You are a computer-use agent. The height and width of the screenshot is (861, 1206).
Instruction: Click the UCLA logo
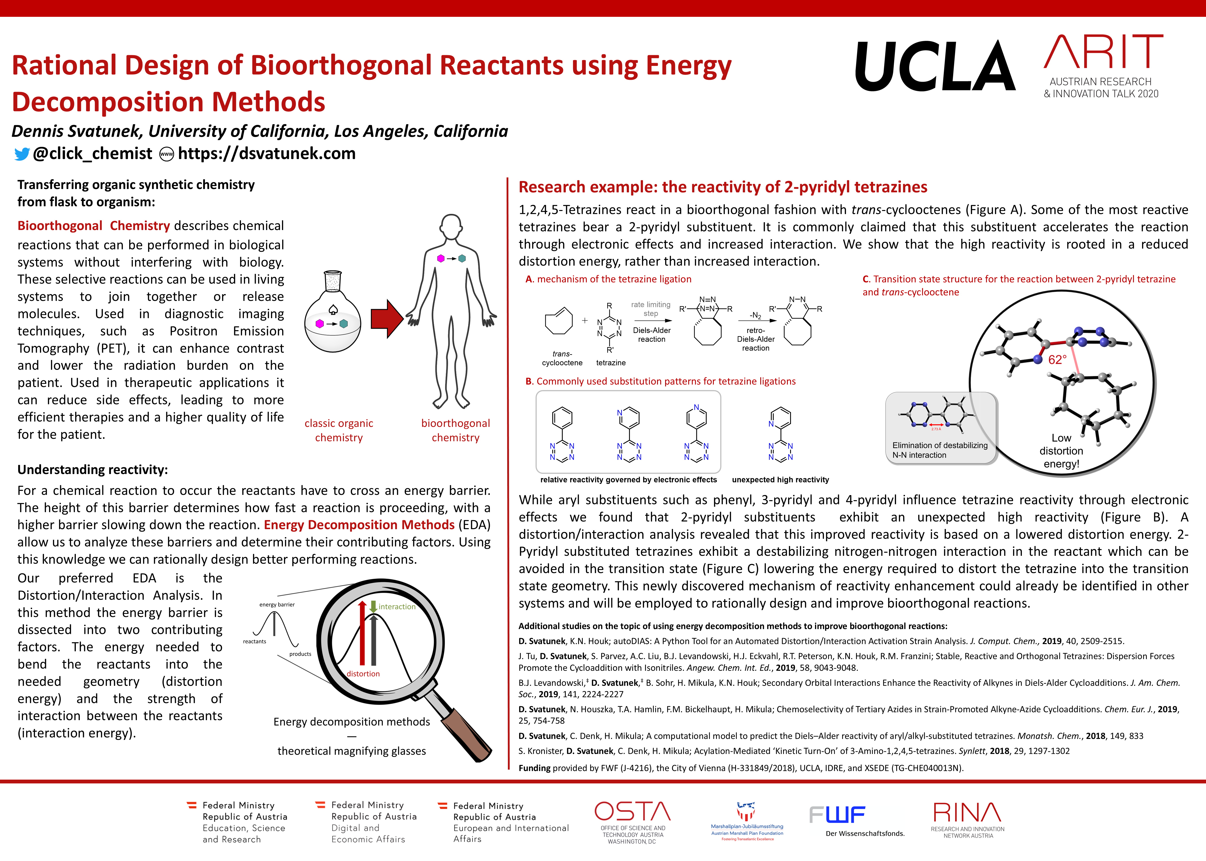[935, 66]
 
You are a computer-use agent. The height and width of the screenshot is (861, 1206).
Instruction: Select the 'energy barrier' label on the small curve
[277, 604]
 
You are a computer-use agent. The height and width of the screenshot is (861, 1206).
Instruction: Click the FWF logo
[838, 815]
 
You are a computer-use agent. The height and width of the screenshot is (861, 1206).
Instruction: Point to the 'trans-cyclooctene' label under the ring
[562, 358]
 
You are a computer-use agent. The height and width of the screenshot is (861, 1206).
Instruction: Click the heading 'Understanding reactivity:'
[93, 470]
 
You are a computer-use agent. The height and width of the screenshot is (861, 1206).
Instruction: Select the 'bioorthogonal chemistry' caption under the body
[456, 430]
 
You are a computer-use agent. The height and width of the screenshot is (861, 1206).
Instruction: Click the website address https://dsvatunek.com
[267, 154]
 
